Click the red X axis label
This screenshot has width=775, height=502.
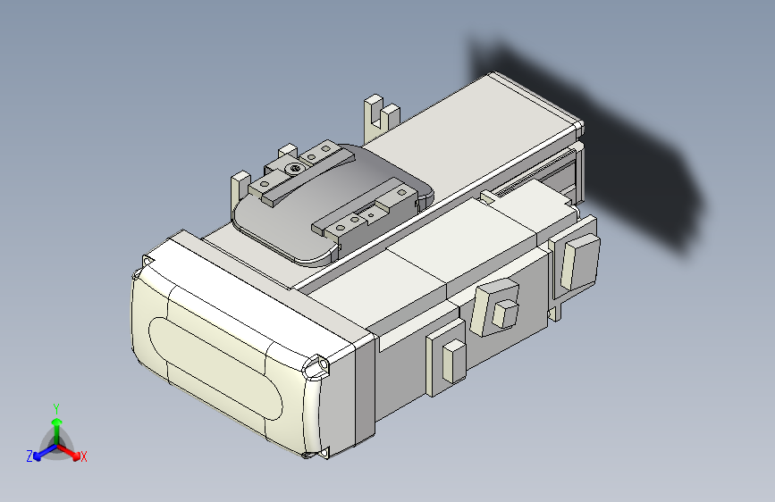coord(83,457)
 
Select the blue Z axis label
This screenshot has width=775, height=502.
coord(29,456)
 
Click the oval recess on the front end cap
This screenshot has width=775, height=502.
coord(215,367)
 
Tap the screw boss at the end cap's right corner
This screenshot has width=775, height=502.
coord(316,366)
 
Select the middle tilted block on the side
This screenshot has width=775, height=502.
coord(497,305)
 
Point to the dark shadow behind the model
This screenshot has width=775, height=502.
coord(626,152)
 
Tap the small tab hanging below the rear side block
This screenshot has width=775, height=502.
coord(560,311)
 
